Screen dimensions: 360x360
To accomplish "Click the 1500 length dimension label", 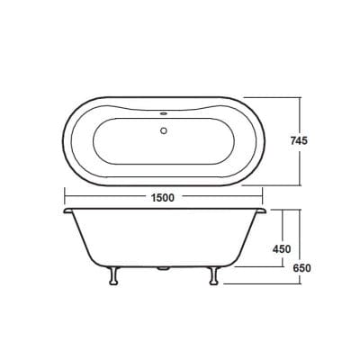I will (163, 197).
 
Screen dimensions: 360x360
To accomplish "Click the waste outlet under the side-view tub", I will (163, 268).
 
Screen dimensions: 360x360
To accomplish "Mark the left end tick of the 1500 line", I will (63, 197).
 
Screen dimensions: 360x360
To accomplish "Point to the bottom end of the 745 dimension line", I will (299, 182).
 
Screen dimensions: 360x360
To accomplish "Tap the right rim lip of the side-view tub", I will (262, 212).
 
